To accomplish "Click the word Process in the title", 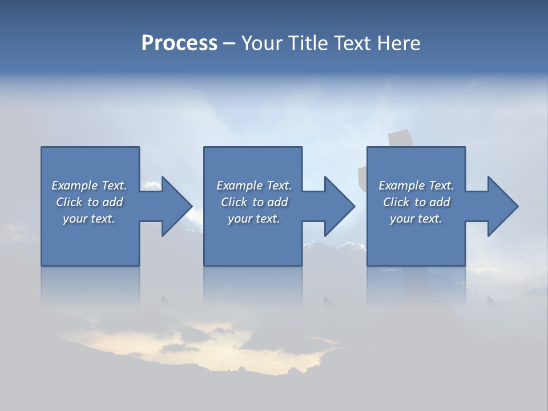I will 179,43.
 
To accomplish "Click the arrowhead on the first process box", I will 175,206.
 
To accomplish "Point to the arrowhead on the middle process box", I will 338,206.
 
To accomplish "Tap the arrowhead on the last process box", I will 501,206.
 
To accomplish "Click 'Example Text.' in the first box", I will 89,186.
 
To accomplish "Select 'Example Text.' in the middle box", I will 253,186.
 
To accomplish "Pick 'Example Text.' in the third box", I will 416,186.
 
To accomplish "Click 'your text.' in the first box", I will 89,219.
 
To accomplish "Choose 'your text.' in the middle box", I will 253,219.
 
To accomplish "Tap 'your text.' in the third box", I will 416,219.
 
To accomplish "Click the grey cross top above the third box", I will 402,139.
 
